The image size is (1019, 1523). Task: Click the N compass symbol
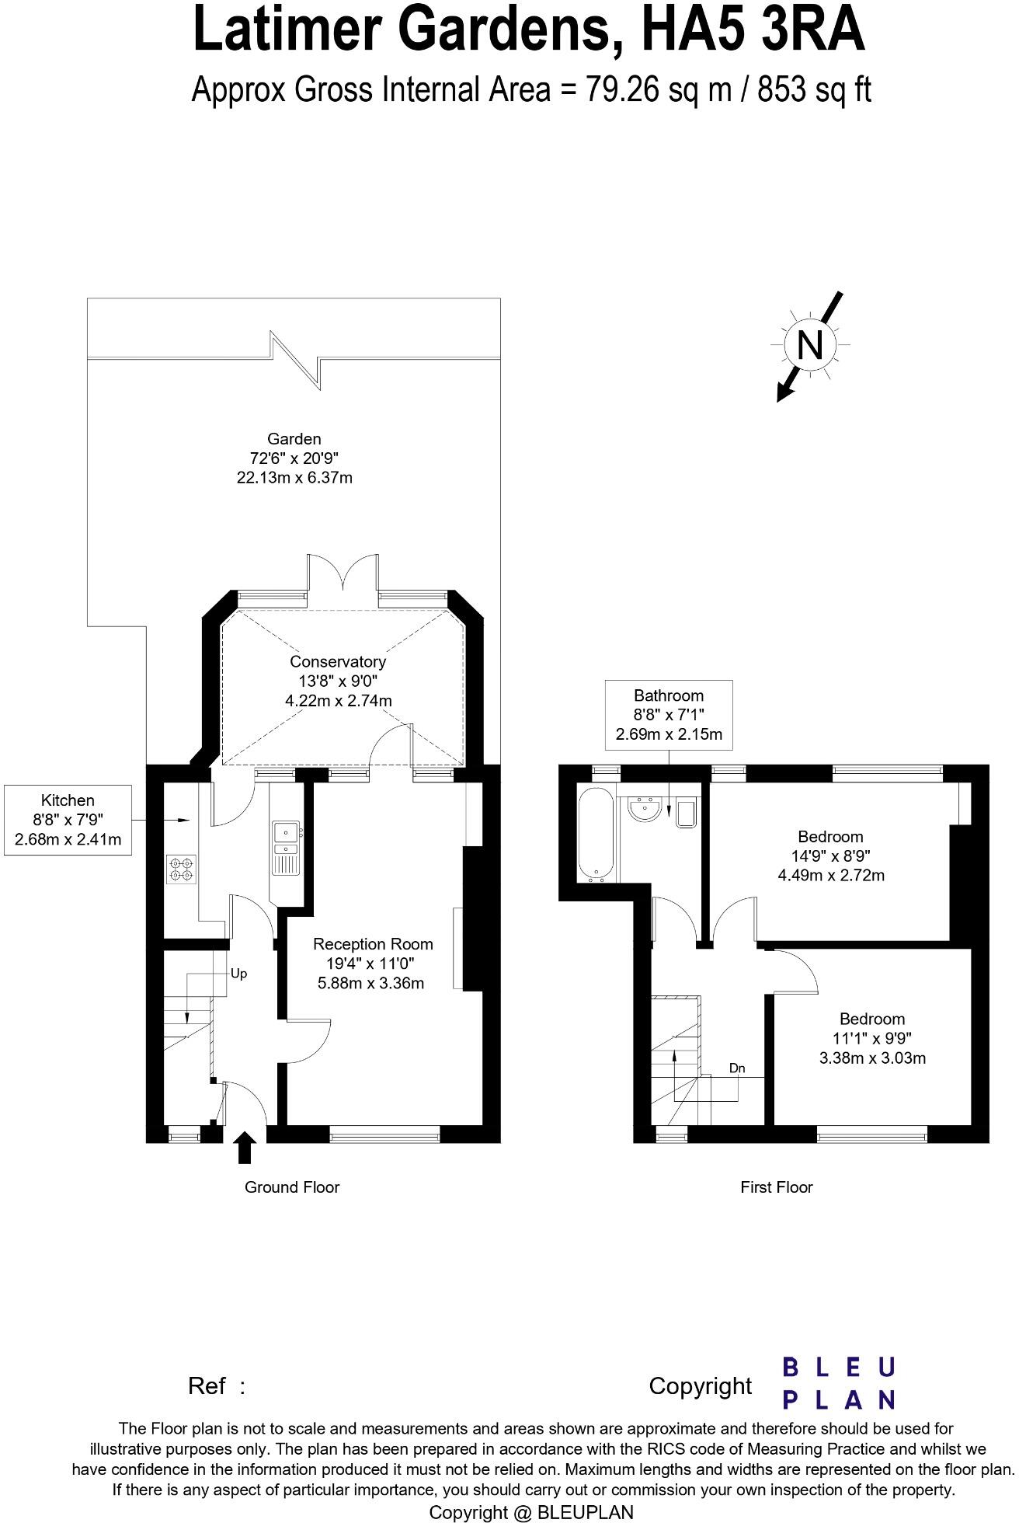pyautogui.click(x=809, y=343)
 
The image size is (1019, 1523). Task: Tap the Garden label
pyautogui.click(x=294, y=439)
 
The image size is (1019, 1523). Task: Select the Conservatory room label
pyautogui.click(x=337, y=661)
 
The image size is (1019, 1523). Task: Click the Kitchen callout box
pyautogui.click(x=68, y=820)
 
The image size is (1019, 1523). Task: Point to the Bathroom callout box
pyautogui.click(x=669, y=715)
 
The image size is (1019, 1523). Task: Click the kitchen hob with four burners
pyautogui.click(x=181, y=869)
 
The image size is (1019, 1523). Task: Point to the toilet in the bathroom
pyautogui.click(x=687, y=813)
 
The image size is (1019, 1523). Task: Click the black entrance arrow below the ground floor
pyautogui.click(x=245, y=1147)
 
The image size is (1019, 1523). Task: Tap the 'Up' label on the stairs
pyautogui.click(x=238, y=974)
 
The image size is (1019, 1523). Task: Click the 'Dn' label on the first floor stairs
pyautogui.click(x=737, y=1068)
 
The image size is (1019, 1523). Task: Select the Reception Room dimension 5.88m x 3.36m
pyautogui.click(x=371, y=983)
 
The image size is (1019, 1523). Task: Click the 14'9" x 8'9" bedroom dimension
pyautogui.click(x=830, y=856)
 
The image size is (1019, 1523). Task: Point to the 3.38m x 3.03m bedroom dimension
pyautogui.click(x=872, y=1058)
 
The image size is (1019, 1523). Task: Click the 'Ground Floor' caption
pyautogui.click(x=292, y=1187)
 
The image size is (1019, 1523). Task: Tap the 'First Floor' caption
pyautogui.click(x=776, y=1187)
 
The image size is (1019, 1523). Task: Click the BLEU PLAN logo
pyautogui.click(x=838, y=1382)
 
